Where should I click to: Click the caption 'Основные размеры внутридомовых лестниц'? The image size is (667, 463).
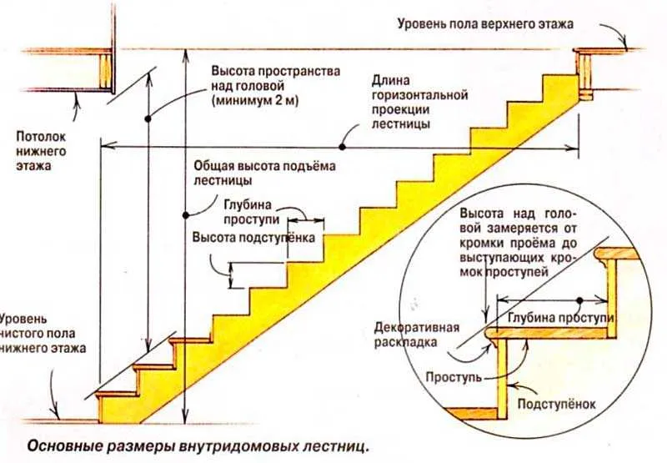pos(198,447)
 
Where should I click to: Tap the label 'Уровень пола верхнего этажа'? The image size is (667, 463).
pos(485,23)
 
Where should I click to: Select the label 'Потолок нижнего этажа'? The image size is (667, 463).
pos(41,151)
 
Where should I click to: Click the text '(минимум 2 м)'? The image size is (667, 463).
pos(255,100)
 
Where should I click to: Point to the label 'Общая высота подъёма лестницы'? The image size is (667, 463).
pos(264,173)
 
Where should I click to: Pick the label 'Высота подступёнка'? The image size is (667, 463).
pos(253,237)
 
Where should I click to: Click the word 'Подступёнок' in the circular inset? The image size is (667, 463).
pos(556,404)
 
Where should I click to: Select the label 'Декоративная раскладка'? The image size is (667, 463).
pos(417,335)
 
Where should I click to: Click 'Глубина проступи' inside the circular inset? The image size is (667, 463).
pos(560,318)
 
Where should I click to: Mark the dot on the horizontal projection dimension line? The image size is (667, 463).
pos(342,147)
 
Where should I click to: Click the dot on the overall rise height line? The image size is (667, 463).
pos(186,215)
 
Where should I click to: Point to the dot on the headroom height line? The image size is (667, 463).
pos(148,119)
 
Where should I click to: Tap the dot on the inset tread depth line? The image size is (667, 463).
pos(579,300)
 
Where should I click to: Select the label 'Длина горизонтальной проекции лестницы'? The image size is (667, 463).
pos(420,102)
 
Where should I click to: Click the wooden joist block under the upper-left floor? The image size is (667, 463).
pos(106,71)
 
